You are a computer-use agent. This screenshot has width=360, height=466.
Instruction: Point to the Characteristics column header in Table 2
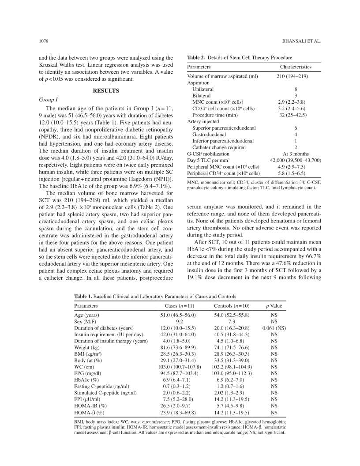click(296, 67)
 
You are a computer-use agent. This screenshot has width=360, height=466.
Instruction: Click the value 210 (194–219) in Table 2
click(296, 76)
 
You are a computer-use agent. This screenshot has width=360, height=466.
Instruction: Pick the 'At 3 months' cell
click(296, 153)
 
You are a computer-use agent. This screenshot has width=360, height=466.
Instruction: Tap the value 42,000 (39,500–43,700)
click(296, 160)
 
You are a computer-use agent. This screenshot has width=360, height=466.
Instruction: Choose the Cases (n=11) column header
click(178, 305)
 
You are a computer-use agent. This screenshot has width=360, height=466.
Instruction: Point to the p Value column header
click(274, 305)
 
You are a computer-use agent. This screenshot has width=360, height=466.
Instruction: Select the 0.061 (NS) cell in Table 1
click(274, 328)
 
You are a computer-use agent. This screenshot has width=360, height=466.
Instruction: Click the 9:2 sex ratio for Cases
click(178, 322)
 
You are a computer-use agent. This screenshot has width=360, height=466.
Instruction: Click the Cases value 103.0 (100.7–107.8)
click(178, 367)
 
